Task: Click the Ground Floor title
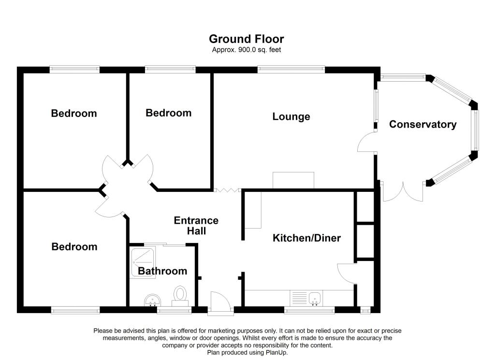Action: pos(247,39)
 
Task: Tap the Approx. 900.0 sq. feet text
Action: pos(247,50)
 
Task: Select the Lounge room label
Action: pos(291,116)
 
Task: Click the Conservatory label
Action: pos(423,124)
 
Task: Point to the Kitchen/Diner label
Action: pos(306,238)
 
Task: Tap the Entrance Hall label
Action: pos(196,226)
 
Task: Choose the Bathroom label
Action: pos(162,271)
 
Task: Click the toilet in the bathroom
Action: pos(181,294)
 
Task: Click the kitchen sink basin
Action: pos(315,298)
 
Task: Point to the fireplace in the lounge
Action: pos(293,180)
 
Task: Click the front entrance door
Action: pos(220,304)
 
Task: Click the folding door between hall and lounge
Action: pos(227,190)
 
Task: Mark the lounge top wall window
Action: pos(291,70)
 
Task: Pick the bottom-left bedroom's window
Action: pos(75,310)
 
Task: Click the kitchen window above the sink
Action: pos(309,310)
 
